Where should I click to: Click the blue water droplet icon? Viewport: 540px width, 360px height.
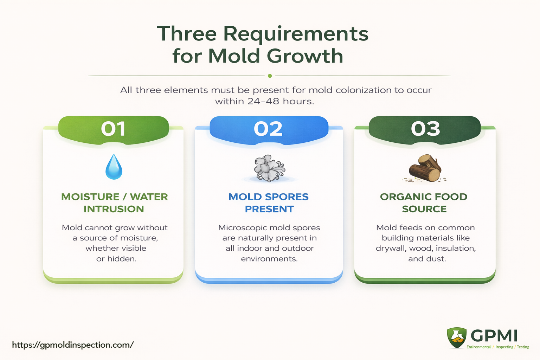pyautogui.click(x=114, y=167)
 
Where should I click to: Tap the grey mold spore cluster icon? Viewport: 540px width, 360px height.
pyautogui.click(x=269, y=168)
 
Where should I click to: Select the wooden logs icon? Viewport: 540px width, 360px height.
pyautogui.click(x=425, y=168)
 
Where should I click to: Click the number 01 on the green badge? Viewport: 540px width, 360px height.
pyautogui.click(x=113, y=129)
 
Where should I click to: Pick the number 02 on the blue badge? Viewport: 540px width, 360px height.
pyautogui.click(x=268, y=129)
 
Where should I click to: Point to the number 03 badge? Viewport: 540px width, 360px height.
pyautogui.click(x=425, y=129)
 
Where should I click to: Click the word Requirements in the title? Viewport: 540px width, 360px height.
pyautogui.click(x=296, y=34)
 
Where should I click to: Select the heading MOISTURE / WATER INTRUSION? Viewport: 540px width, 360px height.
pyautogui.click(x=114, y=202)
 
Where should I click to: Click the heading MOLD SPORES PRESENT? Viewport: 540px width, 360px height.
pyautogui.click(x=269, y=202)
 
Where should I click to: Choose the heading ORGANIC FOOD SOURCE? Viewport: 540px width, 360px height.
pyautogui.click(x=424, y=202)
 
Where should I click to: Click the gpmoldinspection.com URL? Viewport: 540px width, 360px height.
pyautogui.click(x=73, y=345)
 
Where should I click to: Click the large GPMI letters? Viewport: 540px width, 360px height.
pyautogui.click(x=494, y=336)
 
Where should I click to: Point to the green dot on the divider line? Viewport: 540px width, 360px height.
pyautogui.click(x=270, y=76)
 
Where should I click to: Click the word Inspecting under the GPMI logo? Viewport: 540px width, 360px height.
pyautogui.click(x=504, y=347)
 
